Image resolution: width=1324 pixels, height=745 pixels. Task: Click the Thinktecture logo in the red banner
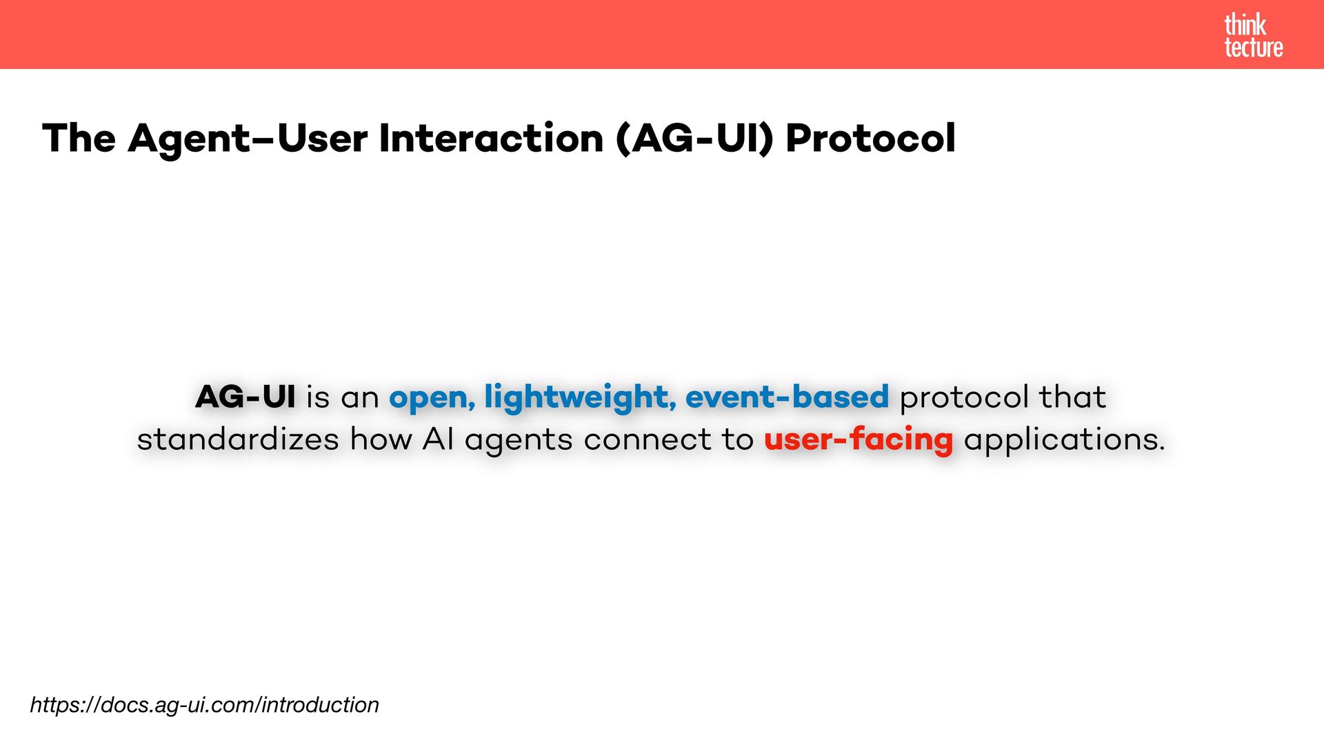[x=1253, y=36]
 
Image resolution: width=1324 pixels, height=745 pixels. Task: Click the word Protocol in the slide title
[x=870, y=138]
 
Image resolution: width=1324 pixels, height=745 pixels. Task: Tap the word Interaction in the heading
[x=492, y=138]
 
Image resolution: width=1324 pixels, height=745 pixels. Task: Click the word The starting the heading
[x=79, y=138]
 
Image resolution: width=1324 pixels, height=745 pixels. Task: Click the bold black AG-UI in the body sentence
[x=245, y=397]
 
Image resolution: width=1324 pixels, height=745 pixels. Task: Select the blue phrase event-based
[x=787, y=397]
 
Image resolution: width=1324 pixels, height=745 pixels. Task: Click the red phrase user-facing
[x=859, y=439]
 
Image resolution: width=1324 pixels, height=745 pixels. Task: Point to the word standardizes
[x=238, y=439]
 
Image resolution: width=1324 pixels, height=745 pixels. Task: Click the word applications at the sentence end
[x=1065, y=440]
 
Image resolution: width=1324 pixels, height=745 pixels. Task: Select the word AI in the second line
[x=438, y=439]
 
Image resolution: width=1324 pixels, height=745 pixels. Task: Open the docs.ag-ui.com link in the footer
[x=205, y=705]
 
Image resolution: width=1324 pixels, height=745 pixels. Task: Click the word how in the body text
[x=381, y=439]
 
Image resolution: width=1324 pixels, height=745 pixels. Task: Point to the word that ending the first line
[x=1073, y=397]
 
